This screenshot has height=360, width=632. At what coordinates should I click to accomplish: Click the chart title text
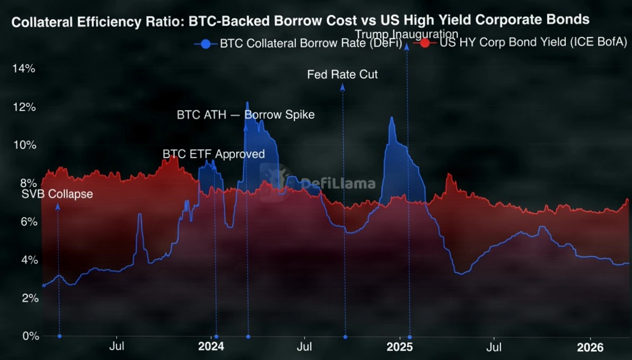pos(300,21)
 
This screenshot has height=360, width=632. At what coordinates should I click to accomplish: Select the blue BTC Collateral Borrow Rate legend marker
pos(206,44)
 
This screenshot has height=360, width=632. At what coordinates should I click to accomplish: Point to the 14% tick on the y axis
pos(25,68)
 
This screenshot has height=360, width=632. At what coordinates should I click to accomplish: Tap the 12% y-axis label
pos(25,107)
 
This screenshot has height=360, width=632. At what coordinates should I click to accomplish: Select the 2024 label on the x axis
pos(211,347)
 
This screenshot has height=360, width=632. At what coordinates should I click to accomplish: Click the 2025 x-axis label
pos(399,347)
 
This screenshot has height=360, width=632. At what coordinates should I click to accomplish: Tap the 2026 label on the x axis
pos(590,347)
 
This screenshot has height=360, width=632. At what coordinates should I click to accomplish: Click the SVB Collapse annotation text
pos(57,194)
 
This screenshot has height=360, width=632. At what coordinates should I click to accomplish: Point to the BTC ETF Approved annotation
pos(213,154)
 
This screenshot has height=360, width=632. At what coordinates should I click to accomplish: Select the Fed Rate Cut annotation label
pos(342,74)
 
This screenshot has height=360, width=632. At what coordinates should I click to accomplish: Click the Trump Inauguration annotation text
pos(406,35)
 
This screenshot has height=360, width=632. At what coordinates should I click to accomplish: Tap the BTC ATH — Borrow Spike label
pos(245,114)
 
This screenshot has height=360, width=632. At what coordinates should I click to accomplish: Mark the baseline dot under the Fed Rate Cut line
pos(345,336)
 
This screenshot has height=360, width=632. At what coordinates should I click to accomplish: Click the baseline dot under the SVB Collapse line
pos(59,336)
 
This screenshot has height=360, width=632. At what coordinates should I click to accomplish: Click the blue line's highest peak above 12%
pos(247,102)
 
